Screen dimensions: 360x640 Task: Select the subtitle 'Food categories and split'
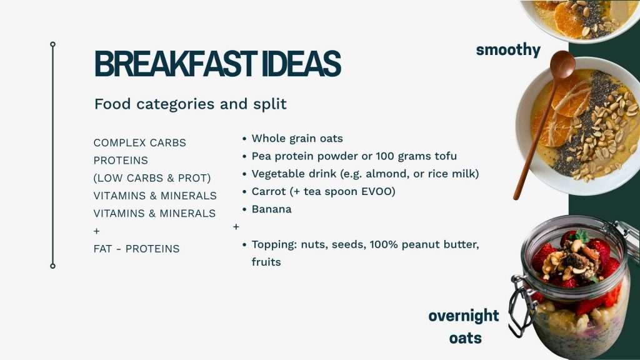(190, 104)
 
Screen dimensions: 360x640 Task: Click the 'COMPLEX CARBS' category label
(139, 142)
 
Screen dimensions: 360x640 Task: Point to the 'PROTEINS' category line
(121, 161)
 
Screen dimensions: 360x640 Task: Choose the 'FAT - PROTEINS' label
(136, 249)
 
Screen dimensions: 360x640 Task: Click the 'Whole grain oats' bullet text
(297, 139)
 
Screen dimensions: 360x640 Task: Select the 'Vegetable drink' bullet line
(364, 174)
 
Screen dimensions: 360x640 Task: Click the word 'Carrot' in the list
(268, 192)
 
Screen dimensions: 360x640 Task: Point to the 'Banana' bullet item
(271, 209)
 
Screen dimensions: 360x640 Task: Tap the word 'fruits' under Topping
(266, 262)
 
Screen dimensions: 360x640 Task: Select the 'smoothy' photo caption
(508, 50)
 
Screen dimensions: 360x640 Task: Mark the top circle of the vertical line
(52, 44)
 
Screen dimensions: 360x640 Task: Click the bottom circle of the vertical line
(52, 266)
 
